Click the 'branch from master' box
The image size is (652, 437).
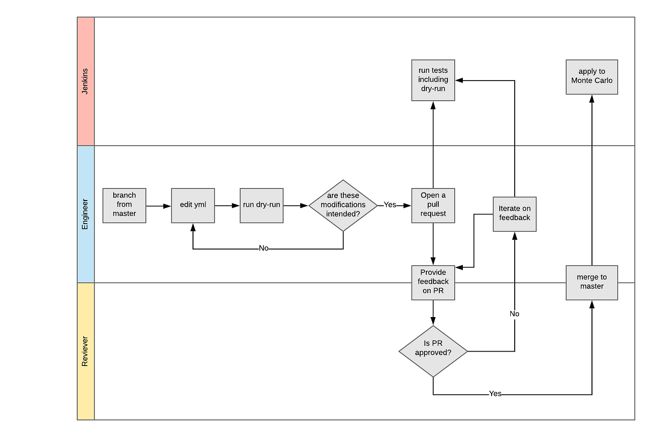(x=124, y=205)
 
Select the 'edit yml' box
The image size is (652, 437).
(x=193, y=205)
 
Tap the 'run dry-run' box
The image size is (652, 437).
(x=262, y=205)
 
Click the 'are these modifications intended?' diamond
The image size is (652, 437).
(x=343, y=205)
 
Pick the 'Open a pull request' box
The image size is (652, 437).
(x=433, y=205)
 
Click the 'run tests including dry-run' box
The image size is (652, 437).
(x=433, y=80)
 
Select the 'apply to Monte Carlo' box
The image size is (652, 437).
(x=592, y=77)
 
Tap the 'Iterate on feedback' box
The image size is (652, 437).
(x=514, y=214)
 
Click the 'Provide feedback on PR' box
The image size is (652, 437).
(x=433, y=283)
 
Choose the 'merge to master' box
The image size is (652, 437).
(x=592, y=283)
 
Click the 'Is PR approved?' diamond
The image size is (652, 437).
(x=433, y=351)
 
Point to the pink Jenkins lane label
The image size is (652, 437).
(x=85, y=81)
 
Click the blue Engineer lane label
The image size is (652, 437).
(x=85, y=214)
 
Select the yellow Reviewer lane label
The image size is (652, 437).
(x=85, y=351)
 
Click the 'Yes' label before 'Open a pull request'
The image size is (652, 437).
(x=390, y=205)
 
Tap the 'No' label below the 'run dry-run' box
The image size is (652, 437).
(x=264, y=248)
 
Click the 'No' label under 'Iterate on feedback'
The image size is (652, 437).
(x=514, y=314)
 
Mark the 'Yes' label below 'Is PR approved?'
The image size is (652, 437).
(x=495, y=394)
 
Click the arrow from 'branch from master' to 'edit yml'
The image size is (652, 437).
(x=158, y=206)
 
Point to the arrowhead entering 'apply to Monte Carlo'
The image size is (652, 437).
(x=592, y=99)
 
